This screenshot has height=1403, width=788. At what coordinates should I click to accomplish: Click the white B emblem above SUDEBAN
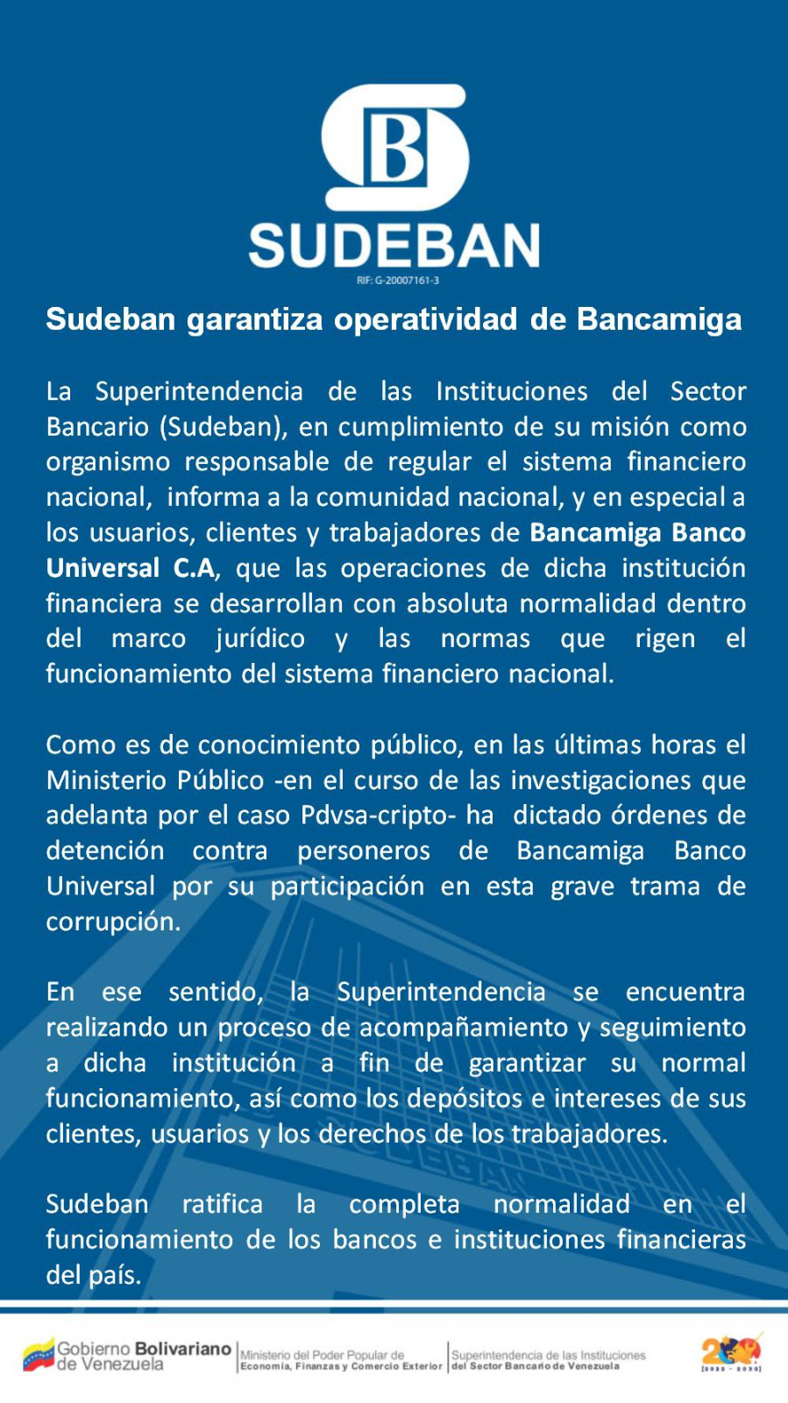pyautogui.click(x=394, y=146)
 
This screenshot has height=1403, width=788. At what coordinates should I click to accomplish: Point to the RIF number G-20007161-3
pyautogui.click(x=398, y=281)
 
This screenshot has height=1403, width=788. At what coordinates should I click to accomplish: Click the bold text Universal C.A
pyautogui.click(x=130, y=568)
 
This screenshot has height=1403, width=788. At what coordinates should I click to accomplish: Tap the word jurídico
pyautogui.click(x=260, y=638)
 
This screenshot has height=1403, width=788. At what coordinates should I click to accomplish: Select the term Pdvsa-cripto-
pyautogui.click(x=378, y=815)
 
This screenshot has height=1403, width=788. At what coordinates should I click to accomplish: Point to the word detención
pyautogui.click(x=105, y=851)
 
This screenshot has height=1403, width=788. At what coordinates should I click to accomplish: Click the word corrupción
pyautogui.click(x=113, y=922)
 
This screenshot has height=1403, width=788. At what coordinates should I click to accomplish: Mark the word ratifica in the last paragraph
pyautogui.click(x=223, y=1205)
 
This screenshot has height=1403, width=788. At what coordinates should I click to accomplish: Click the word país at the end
pyautogui.click(x=114, y=1275)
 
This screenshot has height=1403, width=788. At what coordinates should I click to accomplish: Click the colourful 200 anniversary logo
pyautogui.click(x=731, y=1353)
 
